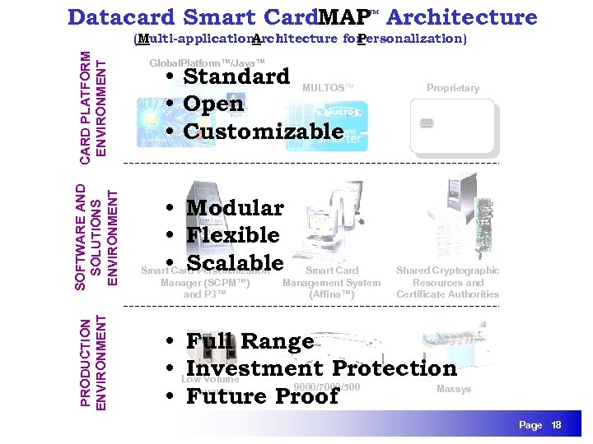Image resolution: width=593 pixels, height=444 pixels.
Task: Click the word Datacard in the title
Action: pos(122,17)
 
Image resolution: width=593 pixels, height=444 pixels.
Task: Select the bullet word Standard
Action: pos(236,76)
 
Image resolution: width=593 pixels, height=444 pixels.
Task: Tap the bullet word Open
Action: pos(213,104)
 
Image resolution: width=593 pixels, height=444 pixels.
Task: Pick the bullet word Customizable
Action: pos(263,132)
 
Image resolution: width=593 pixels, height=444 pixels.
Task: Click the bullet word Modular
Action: pos(235,208)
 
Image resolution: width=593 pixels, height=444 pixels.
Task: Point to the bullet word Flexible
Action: pos(232,236)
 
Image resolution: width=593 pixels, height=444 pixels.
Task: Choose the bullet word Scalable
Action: pos(235,263)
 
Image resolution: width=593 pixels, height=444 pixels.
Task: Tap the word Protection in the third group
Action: pos(394,369)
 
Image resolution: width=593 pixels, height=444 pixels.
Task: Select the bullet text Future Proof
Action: pos(262,396)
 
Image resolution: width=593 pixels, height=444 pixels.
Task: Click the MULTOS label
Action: pos(328,88)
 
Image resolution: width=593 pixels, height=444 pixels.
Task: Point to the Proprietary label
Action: pos(453,88)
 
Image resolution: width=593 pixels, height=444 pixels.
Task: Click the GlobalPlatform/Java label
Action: pos(207,63)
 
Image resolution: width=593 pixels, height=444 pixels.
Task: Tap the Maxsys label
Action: pos(453,389)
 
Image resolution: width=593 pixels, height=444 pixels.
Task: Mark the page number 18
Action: pos(556,425)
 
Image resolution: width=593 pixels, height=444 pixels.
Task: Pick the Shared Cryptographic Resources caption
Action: pos(447,282)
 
